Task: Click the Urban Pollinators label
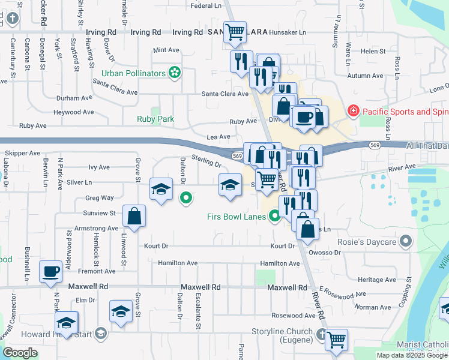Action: pos(133,73)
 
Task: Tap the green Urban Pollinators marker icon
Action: pos(175,73)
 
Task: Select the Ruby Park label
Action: pos(155,119)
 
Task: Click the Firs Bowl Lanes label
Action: pos(237,217)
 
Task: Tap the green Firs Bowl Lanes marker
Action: pos(275,216)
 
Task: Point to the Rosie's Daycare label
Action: pos(370,242)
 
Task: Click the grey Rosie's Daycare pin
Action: pos(406,242)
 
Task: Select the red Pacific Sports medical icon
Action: pos(353,112)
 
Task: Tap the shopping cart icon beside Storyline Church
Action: pos(336,339)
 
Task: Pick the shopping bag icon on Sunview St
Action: pos(134,215)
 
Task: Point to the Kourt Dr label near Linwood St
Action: pos(156,246)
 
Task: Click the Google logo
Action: pos(20,352)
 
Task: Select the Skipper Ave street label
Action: pos(22,153)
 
